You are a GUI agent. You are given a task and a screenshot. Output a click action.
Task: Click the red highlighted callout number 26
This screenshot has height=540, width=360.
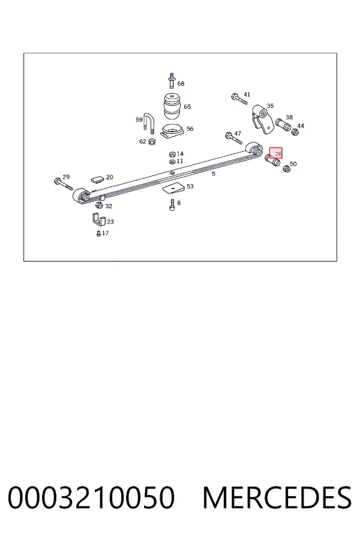click(278, 154)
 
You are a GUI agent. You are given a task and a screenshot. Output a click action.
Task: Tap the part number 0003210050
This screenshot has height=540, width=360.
click(91, 497)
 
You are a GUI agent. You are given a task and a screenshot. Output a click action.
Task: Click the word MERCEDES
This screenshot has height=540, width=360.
click(277, 497)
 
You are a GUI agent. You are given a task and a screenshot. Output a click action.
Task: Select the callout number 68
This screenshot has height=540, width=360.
click(181, 83)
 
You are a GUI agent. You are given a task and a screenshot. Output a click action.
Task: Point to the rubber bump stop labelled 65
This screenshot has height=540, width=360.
click(172, 106)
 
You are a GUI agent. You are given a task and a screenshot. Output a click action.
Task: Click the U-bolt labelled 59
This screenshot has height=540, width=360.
click(149, 122)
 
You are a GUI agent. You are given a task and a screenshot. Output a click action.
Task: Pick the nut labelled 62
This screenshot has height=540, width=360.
click(152, 142)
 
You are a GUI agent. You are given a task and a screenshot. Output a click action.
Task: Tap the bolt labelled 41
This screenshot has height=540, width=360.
click(239, 99)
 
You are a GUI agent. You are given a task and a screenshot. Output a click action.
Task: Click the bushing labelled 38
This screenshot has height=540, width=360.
click(283, 125)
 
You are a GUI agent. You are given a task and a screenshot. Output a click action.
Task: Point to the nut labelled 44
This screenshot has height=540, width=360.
click(295, 132)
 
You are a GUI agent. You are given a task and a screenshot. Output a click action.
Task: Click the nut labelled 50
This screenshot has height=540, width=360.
click(286, 169)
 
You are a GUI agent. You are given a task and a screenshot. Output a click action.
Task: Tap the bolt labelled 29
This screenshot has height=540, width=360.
click(64, 184)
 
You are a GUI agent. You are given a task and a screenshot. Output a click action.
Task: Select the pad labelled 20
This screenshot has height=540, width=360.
click(97, 179)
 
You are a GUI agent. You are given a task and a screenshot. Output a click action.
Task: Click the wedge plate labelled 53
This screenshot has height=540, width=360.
click(173, 188)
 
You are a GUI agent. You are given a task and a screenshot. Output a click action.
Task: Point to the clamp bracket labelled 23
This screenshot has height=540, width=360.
click(98, 220)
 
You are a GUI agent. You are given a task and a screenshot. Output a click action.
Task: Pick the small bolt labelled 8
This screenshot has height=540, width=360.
click(172, 205)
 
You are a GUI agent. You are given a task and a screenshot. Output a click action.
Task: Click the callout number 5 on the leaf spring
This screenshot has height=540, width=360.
click(214, 174)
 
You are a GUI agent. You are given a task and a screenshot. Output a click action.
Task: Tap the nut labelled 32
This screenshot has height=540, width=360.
click(99, 206)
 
